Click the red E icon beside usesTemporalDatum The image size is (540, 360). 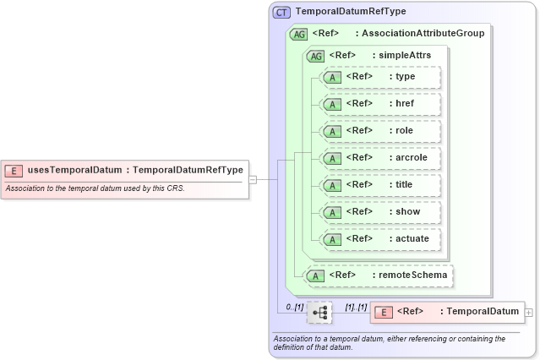(x=14, y=170)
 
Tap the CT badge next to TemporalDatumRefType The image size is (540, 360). (x=281, y=12)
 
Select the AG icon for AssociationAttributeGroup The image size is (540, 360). (x=298, y=34)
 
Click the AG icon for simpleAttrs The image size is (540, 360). (x=315, y=56)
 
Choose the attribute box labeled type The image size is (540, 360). (x=381, y=77)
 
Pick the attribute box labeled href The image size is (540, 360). (x=381, y=104)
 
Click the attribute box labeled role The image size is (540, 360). (x=381, y=131)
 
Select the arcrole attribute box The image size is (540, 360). (x=381, y=158)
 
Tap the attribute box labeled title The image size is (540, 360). (x=381, y=185)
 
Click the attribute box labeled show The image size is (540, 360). (x=381, y=212)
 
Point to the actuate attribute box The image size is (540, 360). (x=381, y=239)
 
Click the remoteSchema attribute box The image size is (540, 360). (x=379, y=275)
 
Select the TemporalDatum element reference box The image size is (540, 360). (x=447, y=312)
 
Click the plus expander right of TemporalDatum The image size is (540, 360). (x=529, y=313)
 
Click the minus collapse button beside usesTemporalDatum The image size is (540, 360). (x=253, y=179)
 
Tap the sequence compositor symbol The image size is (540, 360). (x=319, y=313)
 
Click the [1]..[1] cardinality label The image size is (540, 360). (x=356, y=306)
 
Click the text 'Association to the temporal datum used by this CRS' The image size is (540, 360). (x=95, y=188)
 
